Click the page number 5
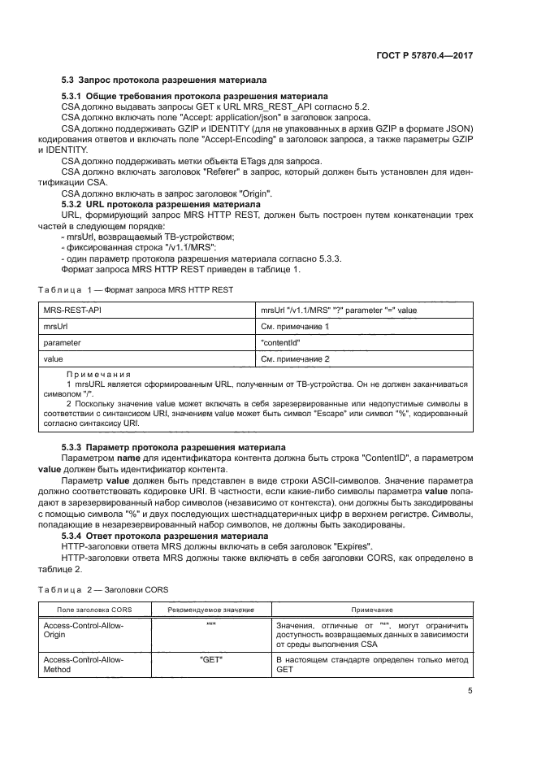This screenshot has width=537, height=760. (470, 691)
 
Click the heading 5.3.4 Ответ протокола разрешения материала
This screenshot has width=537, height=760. (166, 536)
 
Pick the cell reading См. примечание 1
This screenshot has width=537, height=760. (294, 327)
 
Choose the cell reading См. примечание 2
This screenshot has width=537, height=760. (294, 358)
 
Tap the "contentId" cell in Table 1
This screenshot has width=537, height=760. (279, 342)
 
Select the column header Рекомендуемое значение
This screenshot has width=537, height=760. (210, 610)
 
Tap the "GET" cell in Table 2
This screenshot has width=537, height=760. (211, 659)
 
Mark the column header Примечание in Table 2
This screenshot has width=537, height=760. (372, 610)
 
